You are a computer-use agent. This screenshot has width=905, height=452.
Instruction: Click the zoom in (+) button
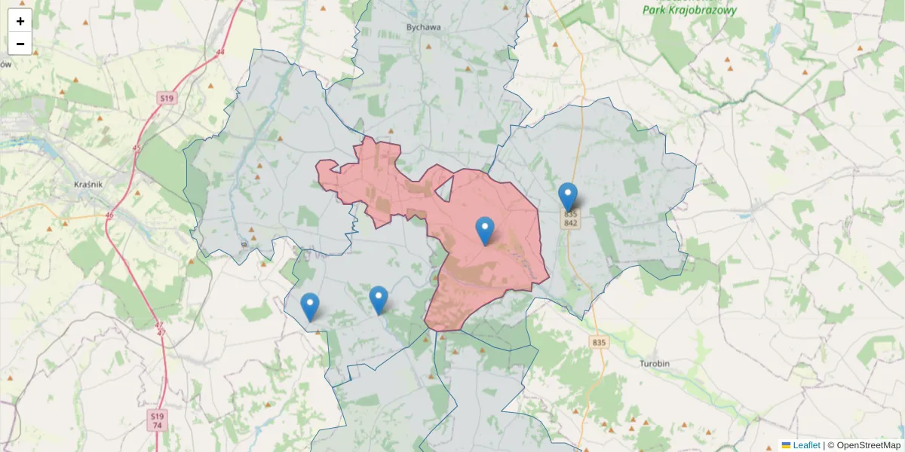coord(20,21)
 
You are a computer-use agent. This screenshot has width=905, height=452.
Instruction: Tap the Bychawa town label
coord(423,27)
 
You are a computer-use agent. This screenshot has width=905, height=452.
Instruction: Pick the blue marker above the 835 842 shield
coord(568,197)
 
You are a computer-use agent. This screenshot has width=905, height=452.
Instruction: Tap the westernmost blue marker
coord(309,307)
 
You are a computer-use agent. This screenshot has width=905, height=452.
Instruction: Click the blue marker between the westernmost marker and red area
coord(379,301)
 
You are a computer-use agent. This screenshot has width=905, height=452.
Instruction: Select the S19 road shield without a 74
coord(166,99)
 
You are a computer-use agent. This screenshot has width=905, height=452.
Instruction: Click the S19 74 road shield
coord(156,420)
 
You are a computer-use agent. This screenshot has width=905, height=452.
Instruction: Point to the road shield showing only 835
coord(599,343)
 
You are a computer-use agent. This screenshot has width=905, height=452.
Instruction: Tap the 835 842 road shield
coord(570,218)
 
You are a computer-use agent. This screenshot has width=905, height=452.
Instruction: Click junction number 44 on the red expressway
coord(219,52)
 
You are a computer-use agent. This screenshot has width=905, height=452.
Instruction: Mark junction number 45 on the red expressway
coord(136,148)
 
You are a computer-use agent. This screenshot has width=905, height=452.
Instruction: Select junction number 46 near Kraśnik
coord(109,215)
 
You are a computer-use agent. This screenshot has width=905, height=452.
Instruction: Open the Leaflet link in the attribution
coord(805,445)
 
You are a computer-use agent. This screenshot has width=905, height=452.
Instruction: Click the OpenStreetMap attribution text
coord(868,445)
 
